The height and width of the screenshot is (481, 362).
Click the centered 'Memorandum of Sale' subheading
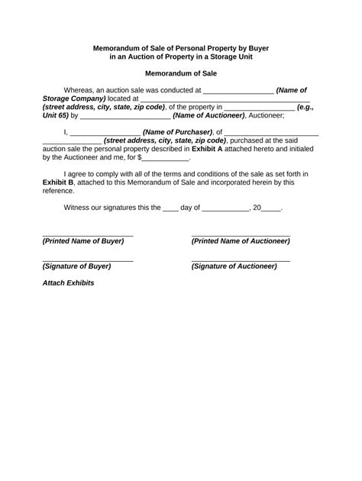coord(180,73)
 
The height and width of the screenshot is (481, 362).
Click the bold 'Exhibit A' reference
coord(236,149)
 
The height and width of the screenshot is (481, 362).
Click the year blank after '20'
coord(271,207)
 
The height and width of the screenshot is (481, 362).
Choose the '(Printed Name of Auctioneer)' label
coord(240,240)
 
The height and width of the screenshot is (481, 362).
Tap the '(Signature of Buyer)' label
coord(77,266)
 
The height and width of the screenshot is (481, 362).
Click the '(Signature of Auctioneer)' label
coord(234,266)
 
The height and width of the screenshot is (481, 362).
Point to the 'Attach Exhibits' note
coord(68,282)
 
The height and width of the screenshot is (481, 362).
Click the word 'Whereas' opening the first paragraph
coord(82,90)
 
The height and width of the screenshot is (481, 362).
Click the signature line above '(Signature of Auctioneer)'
coord(240,260)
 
